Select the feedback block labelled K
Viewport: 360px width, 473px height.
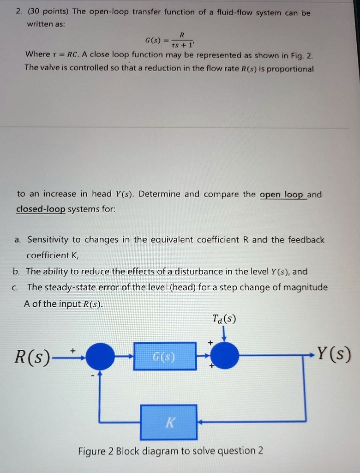click(169, 422)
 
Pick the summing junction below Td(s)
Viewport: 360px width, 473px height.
click(225, 356)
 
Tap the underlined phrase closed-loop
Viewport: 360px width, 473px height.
click(41, 209)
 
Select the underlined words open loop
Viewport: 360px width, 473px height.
click(282, 194)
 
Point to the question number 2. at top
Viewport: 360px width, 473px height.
click(18, 12)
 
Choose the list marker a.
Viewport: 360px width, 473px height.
click(17, 240)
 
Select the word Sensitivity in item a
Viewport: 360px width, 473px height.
click(48, 240)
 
